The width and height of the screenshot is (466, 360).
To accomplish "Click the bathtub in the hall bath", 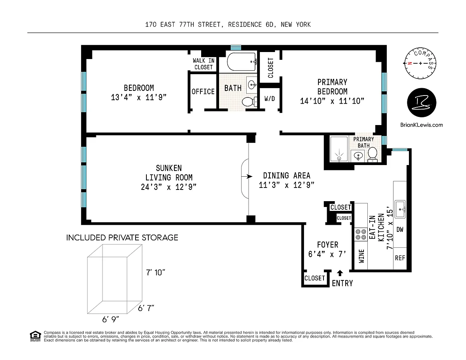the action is click(242, 61).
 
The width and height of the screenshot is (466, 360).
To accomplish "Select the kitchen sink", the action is click(400, 209).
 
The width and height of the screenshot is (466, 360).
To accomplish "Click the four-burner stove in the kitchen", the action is click(361, 234).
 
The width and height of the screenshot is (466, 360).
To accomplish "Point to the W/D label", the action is click(270, 99).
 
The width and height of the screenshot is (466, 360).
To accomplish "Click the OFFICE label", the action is click(203, 92).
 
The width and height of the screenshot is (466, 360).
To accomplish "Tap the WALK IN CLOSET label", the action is click(203, 64).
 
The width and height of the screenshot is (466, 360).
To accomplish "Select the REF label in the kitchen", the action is click(400, 258).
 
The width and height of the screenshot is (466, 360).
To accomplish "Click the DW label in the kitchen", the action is click(400, 230).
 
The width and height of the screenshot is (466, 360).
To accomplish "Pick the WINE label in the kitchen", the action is click(362, 256).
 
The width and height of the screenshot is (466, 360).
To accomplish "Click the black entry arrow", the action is click(340, 273).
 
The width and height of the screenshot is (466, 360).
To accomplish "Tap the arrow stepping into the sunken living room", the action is click(247, 176).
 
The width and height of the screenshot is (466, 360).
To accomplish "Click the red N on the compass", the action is click(410, 63).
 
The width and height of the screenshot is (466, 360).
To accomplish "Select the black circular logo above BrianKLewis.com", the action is click(422, 103).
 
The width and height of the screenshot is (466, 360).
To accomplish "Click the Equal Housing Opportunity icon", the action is click(35, 336).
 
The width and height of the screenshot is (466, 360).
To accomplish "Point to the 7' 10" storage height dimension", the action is click(155, 273).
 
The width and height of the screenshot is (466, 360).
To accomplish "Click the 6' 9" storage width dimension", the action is click(110, 320).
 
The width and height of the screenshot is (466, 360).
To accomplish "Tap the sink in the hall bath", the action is click(252, 85).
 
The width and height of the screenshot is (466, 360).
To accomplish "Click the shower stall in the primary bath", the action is click(339, 149).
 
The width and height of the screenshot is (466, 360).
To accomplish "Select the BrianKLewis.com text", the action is click(421, 125).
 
